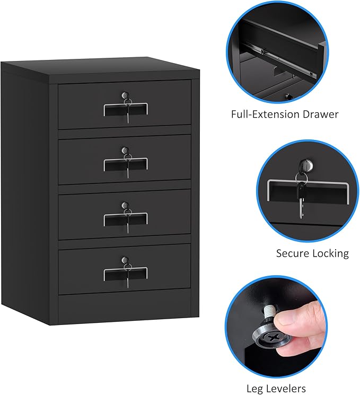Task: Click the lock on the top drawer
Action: (125, 96)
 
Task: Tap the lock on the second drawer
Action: (125, 151)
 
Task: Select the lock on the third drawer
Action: (125, 205)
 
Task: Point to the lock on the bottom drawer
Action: (125, 260)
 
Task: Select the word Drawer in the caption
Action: (320, 114)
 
